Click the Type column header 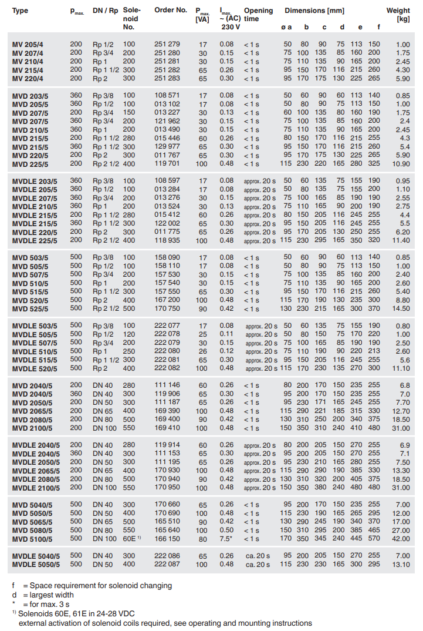click(20, 11)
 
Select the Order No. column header click(171, 11)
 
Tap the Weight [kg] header click(398, 15)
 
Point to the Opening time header click(258, 15)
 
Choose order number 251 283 click(167, 78)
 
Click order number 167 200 click(167, 300)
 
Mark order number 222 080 click(167, 351)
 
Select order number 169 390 click(167, 411)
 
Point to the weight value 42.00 click(400, 539)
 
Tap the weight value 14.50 click(400, 308)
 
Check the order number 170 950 click(167, 488)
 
